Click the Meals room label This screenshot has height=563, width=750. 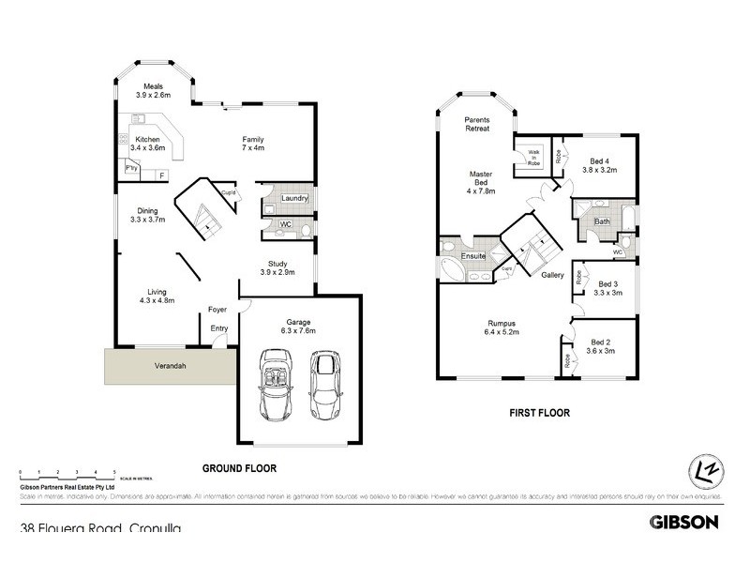point(154,91)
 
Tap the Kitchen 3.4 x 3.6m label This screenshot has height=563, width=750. point(149,143)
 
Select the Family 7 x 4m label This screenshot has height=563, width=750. point(253,143)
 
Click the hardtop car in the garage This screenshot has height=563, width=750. point(325,385)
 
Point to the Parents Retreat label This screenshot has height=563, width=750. point(478,124)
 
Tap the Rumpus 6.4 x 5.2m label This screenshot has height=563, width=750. point(502,328)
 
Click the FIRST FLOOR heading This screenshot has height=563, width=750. point(539,413)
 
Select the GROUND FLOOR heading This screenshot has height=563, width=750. point(239,467)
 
